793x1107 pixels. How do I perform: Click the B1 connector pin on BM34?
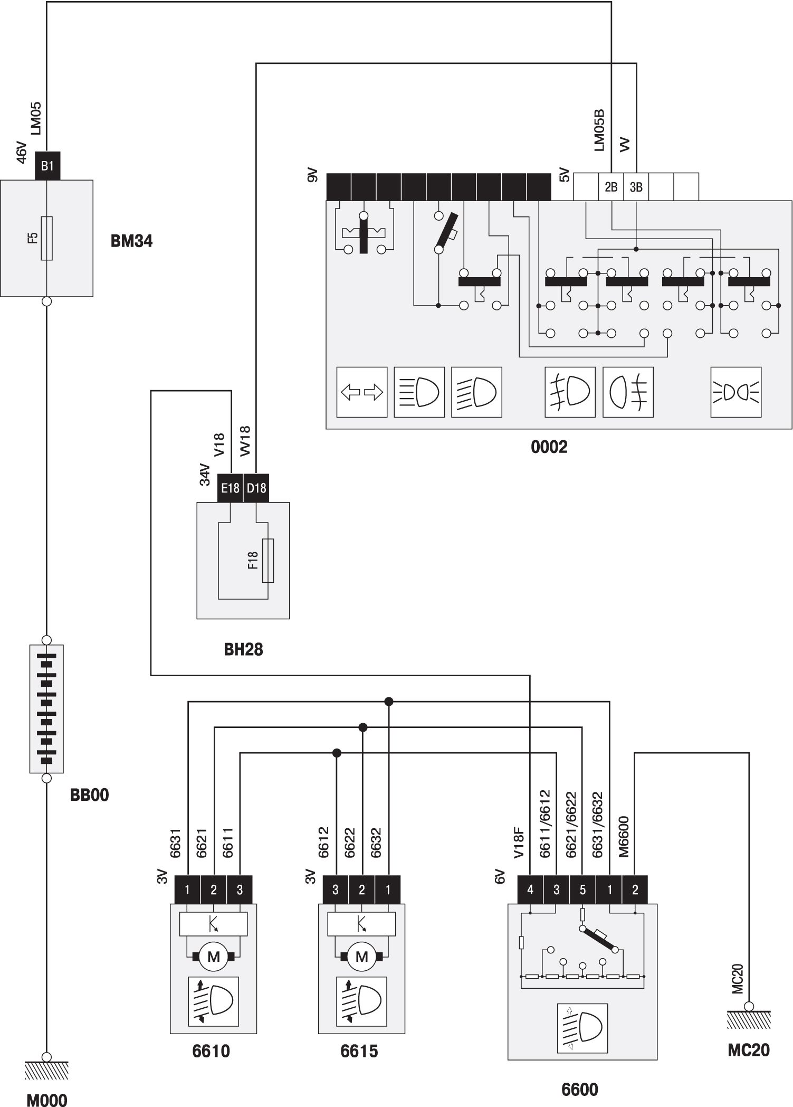point(47,166)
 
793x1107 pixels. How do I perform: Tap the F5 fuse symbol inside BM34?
point(47,238)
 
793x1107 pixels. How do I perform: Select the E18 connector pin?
point(230,488)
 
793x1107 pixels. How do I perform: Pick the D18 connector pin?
point(256,488)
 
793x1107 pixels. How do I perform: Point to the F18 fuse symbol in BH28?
point(268,561)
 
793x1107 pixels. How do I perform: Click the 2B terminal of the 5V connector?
point(611,187)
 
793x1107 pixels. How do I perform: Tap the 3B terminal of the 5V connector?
point(636,187)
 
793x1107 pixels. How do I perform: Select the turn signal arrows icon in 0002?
point(362,392)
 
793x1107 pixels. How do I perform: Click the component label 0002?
point(549,447)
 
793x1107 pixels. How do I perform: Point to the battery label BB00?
point(90,795)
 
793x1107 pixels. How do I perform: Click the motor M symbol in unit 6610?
point(214,957)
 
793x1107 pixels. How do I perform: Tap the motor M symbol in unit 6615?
point(362,957)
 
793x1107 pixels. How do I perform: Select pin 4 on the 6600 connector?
point(530,890)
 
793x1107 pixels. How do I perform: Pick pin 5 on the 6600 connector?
point(582,890)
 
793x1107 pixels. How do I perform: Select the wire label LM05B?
point(599,130)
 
